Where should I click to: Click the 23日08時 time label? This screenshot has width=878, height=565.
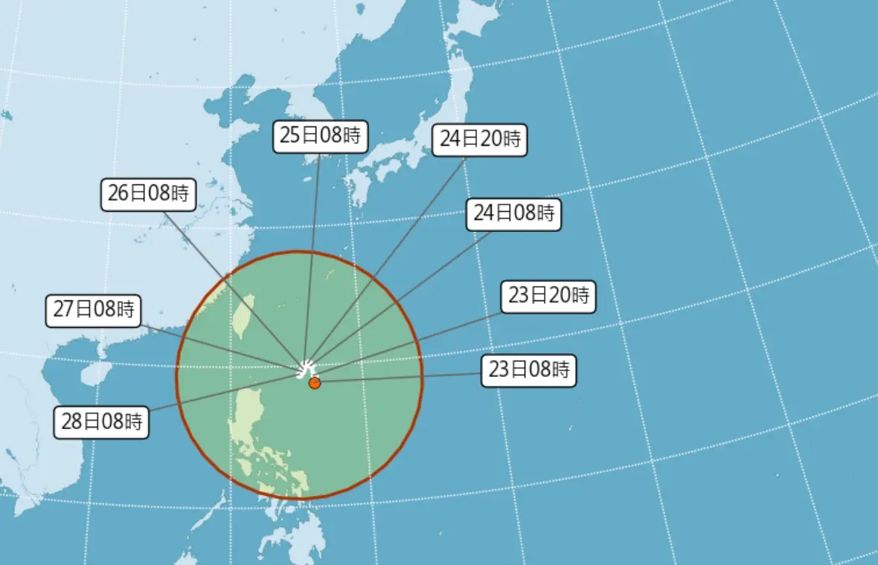529,370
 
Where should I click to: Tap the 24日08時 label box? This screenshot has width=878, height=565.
514,214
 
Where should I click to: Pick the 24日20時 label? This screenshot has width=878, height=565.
479,140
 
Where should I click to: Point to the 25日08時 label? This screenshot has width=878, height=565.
320,136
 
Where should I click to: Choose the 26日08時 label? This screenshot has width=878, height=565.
149,195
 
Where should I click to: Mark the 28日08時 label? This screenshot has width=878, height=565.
103,422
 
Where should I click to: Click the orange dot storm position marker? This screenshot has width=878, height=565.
315,383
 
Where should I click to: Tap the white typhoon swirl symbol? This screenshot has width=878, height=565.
307,367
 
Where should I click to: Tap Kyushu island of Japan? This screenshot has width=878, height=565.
356,186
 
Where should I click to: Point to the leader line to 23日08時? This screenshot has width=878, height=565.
402,378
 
